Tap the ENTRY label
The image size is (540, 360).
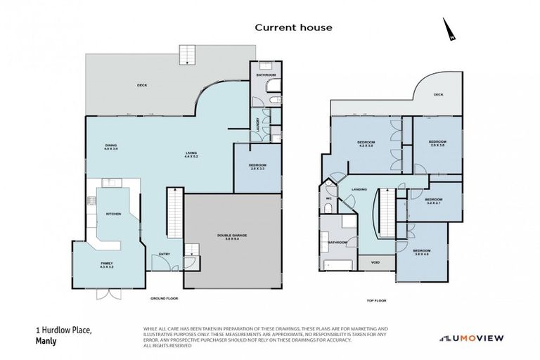(165, 254)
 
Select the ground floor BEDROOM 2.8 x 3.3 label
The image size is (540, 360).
(256, 167)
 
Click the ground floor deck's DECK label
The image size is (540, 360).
(141, 86)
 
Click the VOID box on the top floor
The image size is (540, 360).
(373, 264)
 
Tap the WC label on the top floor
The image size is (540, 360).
(328, 199)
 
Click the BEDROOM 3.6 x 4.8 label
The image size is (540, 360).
(421, 252)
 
